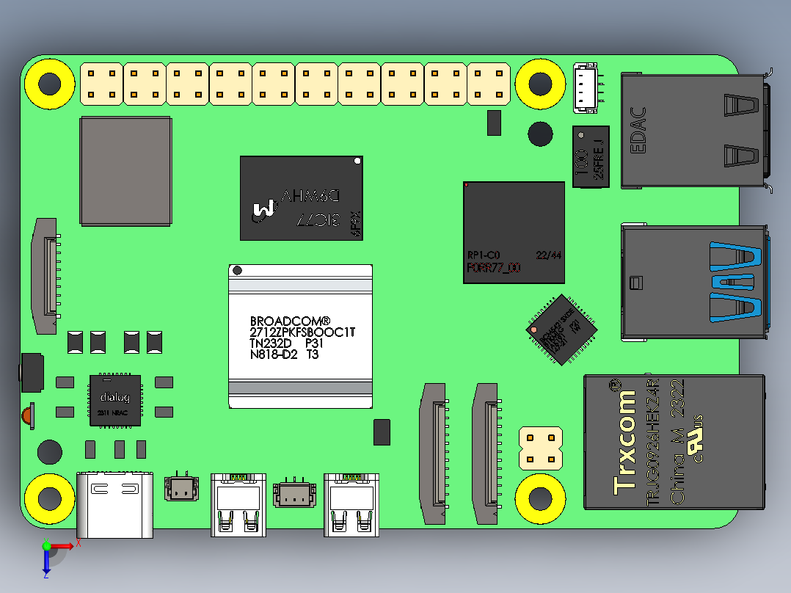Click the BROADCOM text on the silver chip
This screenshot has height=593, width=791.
tap(291, 321)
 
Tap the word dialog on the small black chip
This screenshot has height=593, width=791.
tap(114, 398)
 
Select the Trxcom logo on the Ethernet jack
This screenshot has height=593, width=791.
tap(625, 436)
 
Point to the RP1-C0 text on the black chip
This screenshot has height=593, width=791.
tap(484, 255)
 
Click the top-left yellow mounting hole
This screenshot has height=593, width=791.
tap(50, 84)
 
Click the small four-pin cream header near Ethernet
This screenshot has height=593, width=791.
tap(540, 448)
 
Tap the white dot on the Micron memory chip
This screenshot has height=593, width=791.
tap(357, 160)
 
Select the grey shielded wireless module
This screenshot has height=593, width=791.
tap(125, 170)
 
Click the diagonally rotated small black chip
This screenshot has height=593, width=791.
tap(561, 330)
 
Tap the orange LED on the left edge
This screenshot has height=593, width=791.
tap(27, 415)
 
